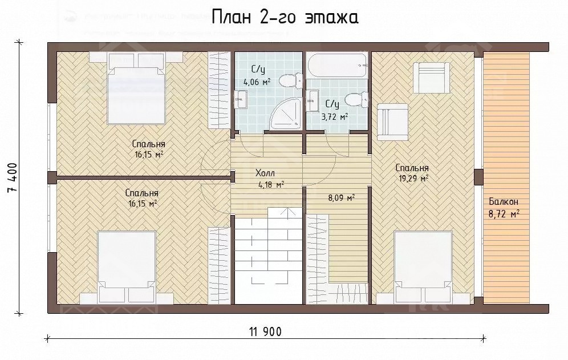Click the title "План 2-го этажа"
coord(285,18)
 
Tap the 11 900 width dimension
coord(265,331)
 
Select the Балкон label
coord(503,202)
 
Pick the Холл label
coord(264,173)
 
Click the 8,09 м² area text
coord(341,199)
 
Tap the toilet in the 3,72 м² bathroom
coord(356,100)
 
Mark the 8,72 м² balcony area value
coord(504,214)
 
